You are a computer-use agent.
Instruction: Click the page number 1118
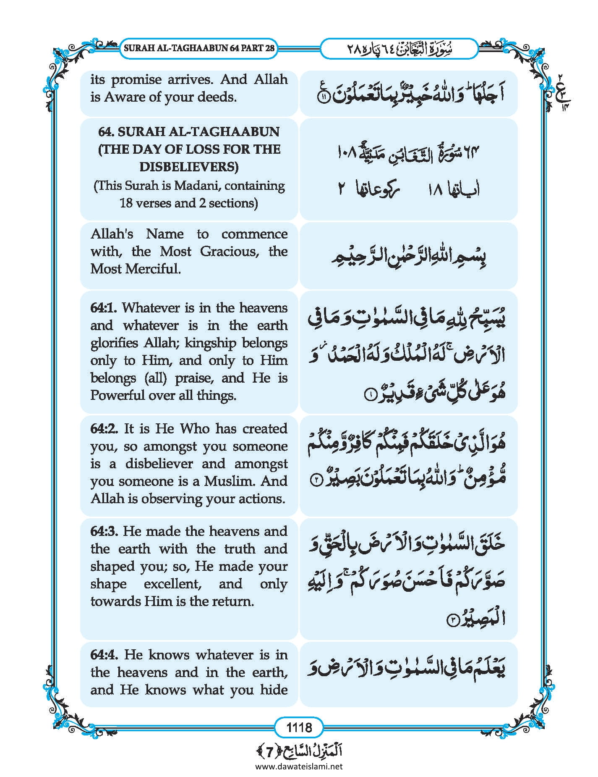click(299, 727)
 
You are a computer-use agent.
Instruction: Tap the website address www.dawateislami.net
click(299, 766)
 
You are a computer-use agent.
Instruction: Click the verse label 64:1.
click(104, 308)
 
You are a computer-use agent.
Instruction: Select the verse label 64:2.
click(104, 429)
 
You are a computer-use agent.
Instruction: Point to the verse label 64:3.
click(104, 531)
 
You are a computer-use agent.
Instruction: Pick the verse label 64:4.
click(105, 655)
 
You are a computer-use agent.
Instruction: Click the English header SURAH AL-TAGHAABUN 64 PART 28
click(199, 48)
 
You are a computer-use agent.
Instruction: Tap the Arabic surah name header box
click(399, 49)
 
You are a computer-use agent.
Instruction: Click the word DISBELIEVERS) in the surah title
click(189, 167)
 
